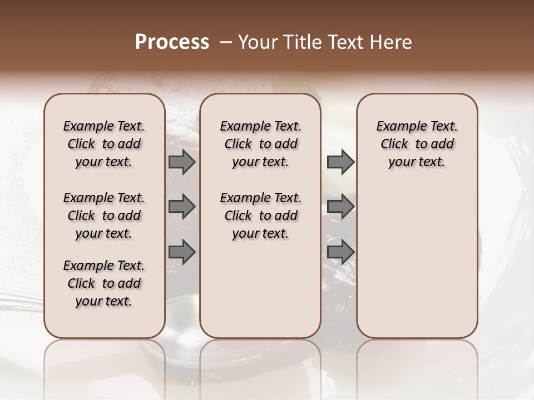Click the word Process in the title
[172, 42]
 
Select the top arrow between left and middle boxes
[182, 162]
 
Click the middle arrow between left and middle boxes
[182, 207]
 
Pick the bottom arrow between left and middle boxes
[182, 252]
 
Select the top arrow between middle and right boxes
[340, 162]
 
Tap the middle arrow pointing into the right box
[340, 207]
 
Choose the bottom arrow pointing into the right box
[340, 252]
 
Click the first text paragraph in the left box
[104, 144]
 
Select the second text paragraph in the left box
[104, 216]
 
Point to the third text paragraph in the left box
[104, 283]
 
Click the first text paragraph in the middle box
[260, 144]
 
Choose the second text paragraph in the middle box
[260, 216]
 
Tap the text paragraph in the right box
[417, 144]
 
